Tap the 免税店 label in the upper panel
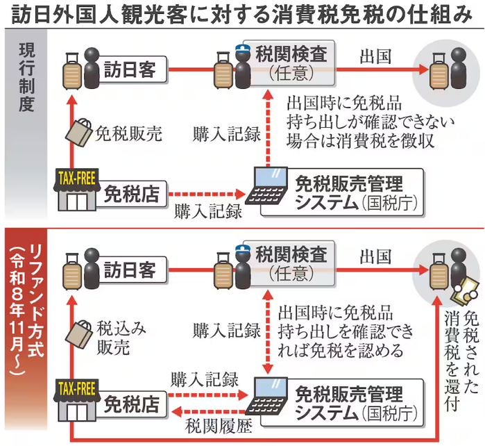[131, 195]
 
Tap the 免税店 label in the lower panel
[131, 404]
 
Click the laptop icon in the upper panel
[267, 185]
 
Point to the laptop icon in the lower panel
[267, 395]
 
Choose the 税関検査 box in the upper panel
[289, 63]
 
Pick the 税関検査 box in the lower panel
[289, 263]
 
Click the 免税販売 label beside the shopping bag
[128, 134]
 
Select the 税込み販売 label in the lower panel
[121, 338]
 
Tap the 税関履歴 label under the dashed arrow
[219, 426]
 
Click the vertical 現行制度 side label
[26, 77]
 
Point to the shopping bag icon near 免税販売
[79, 132]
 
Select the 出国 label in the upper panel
[375, 57]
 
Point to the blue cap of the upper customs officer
[243, 49]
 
